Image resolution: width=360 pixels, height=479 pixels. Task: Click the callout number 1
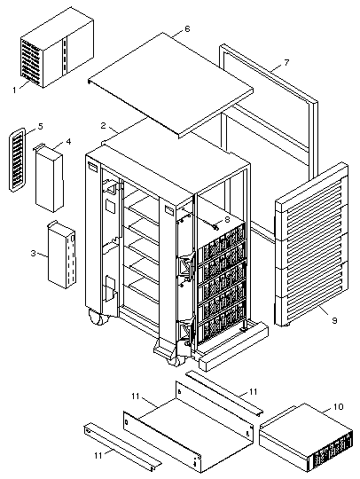14,90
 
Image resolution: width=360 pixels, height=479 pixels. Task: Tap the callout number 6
187,29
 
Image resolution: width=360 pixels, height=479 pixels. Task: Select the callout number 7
286,63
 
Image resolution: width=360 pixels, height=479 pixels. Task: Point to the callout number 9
334,320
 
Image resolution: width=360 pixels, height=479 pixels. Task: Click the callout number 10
338,406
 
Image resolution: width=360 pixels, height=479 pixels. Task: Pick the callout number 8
227,219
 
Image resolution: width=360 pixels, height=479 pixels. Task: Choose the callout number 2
103,126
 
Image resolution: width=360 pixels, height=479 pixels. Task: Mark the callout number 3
34,253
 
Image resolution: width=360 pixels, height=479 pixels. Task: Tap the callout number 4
68,142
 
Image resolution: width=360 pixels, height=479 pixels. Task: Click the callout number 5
41,127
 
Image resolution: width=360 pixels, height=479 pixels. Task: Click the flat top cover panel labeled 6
170,84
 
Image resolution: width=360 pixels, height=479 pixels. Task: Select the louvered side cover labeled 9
311,245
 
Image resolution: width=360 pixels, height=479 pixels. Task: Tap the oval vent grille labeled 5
17,160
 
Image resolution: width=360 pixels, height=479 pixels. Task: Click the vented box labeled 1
57,48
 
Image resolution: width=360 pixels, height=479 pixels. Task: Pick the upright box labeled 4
49,178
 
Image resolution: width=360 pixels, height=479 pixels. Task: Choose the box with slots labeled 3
62,255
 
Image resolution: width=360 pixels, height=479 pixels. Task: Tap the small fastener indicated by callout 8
215,227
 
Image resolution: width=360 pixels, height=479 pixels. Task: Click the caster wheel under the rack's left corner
98,318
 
